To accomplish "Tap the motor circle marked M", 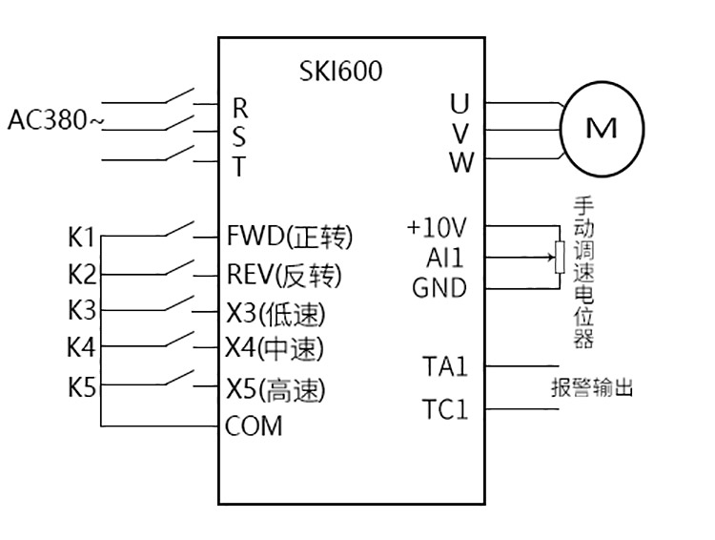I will (602, 129).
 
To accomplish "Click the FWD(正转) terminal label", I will (289, 235).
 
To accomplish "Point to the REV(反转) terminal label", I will (283, 275).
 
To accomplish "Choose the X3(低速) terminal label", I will (276, 312).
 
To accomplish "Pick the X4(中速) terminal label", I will (276, 349).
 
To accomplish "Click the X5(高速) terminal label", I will (276, 389).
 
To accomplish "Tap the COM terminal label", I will (254, 426).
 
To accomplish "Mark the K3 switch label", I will (82, 310).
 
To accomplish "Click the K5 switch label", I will (82, 387).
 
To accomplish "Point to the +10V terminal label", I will (437, 228).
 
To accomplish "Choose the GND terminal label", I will (439, 287).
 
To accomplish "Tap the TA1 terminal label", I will (444, 365).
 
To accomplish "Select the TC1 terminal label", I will (445, 411).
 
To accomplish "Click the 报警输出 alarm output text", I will (592, 388).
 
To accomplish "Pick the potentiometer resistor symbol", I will (559, 258).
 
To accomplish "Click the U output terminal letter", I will (460, 101).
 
